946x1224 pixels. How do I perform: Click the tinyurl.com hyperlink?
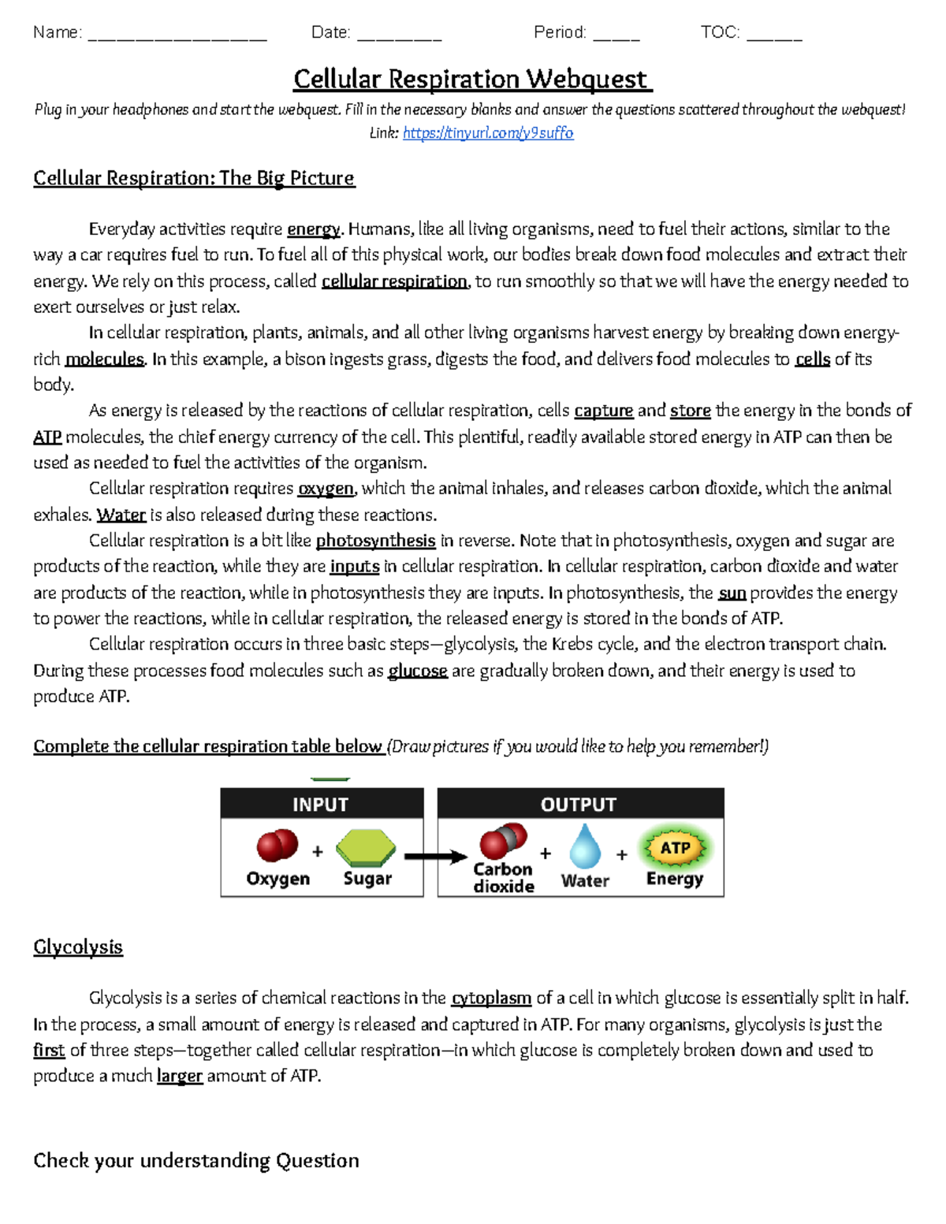(488, 133)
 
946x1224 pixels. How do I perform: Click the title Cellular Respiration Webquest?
(472, 80)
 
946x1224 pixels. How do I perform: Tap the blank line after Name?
(177, 34)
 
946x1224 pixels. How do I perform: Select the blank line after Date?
(399, 34)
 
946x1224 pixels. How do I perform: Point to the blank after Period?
(616, 34)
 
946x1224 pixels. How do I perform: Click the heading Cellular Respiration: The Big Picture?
(194, 178)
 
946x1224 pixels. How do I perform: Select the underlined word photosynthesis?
(375, 541)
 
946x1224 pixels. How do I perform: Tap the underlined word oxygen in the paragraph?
(326, 489)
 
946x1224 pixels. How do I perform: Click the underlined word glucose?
(417, 671)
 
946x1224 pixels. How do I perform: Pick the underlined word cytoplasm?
(490, 998)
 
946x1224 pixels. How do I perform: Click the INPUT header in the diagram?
(320, 804)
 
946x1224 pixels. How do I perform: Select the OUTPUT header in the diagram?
(579, 804)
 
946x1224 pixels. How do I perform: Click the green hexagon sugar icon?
(365, 848)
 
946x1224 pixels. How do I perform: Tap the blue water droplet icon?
(585, 846)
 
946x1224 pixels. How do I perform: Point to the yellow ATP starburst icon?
(675, 848)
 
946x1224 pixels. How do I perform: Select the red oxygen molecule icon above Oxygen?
(277, 846)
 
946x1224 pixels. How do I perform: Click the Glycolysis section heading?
(78, 947)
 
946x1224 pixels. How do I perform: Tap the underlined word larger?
(180, 1076)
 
